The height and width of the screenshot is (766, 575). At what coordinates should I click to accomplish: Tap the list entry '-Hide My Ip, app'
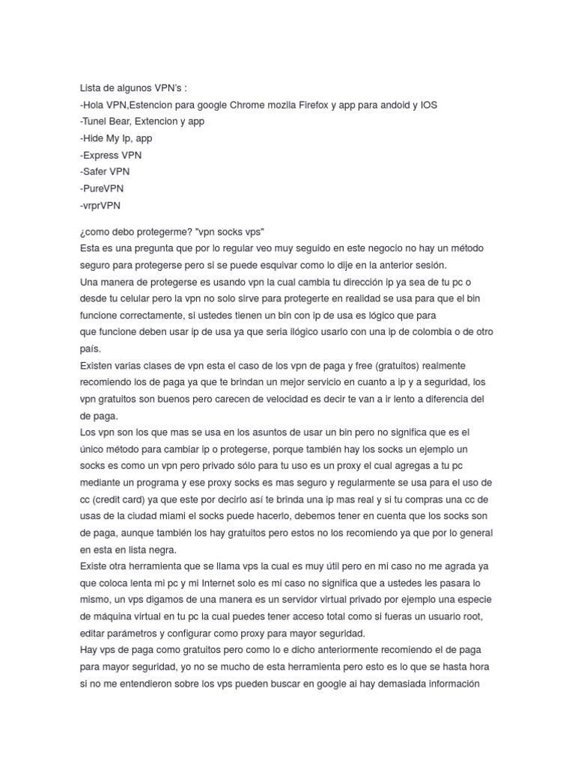coord(116,138)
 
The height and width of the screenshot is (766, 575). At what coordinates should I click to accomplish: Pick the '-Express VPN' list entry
coord(111,156)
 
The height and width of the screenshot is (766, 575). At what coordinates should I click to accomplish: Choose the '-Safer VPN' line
coord(105,172)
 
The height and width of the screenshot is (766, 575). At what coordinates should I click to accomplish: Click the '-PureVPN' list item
coord(102,189)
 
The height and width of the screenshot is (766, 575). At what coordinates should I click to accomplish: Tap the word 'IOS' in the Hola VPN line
coord(428,105)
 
